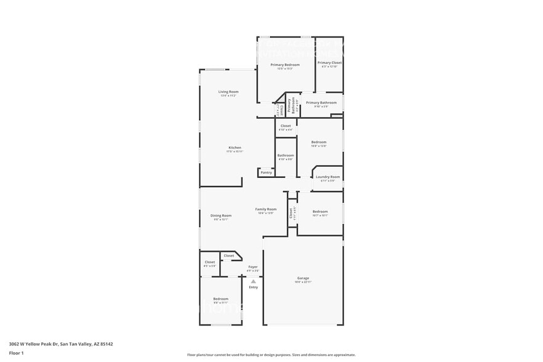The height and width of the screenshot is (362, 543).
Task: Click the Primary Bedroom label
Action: click(285, 65)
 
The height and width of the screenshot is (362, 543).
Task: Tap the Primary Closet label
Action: click(329, 63)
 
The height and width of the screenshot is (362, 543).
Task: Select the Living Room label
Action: click(228, 92)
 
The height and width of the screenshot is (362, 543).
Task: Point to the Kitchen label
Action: click(235, 148)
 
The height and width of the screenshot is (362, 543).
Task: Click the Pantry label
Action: click(266, 172)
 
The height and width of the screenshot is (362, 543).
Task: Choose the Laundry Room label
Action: click(328, 177)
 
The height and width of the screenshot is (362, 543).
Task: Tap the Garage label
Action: click(303, 278)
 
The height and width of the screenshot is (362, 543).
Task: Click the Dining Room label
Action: click(221, 215)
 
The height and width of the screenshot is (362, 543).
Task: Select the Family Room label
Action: click(266, 209)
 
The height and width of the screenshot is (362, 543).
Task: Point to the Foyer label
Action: click(252, 267)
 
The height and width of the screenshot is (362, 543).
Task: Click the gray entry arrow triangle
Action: click(252, 281)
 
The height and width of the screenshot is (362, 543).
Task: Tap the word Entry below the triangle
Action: click(253, 288)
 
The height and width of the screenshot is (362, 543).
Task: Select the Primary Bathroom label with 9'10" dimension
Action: click(321, 103)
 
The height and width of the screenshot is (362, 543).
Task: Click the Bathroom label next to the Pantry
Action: click(285, 156)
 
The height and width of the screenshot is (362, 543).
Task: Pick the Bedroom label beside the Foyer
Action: click(220, 299)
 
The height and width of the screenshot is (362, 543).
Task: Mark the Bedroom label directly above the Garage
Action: click(320, 212)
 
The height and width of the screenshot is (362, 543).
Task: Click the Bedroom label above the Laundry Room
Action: click(318, 142)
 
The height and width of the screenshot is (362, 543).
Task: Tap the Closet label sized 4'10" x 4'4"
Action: click(285, 126)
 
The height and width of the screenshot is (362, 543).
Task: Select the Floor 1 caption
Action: click(17, 353)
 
